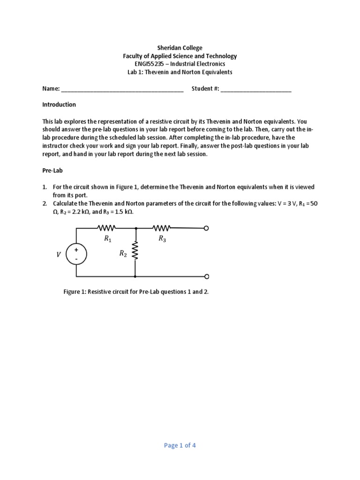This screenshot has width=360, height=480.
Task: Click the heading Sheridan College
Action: pos(180,48)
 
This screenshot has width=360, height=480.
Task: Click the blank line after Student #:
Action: pos(255,89)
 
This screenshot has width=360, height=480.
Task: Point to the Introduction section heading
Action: pos(59,105)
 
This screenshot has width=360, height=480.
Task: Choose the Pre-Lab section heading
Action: pos(52,171)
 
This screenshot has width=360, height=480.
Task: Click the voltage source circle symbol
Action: pos(76,254)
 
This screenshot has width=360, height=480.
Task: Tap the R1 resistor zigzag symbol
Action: pos(107,228)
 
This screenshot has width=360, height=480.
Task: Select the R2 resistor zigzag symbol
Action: pos(135,251)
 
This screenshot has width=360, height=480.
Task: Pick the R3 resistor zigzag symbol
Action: pos(161,228)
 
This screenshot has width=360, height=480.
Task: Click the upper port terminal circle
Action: pos(206,228)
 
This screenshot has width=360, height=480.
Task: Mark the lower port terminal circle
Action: pos(206,277)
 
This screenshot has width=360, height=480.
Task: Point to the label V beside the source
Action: pos(59,255)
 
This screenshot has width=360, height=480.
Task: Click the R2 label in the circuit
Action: pos(123,254)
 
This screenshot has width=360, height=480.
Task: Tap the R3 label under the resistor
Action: pos(162,239)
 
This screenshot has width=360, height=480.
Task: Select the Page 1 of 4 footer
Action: pos(180,445)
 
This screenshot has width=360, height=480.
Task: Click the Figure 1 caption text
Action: pos(136,292)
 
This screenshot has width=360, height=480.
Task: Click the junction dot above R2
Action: pos(135,228)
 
